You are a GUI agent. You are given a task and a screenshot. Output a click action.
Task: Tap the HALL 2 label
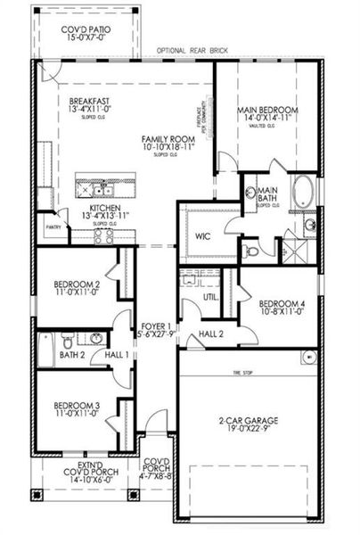(x=210, y=333)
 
